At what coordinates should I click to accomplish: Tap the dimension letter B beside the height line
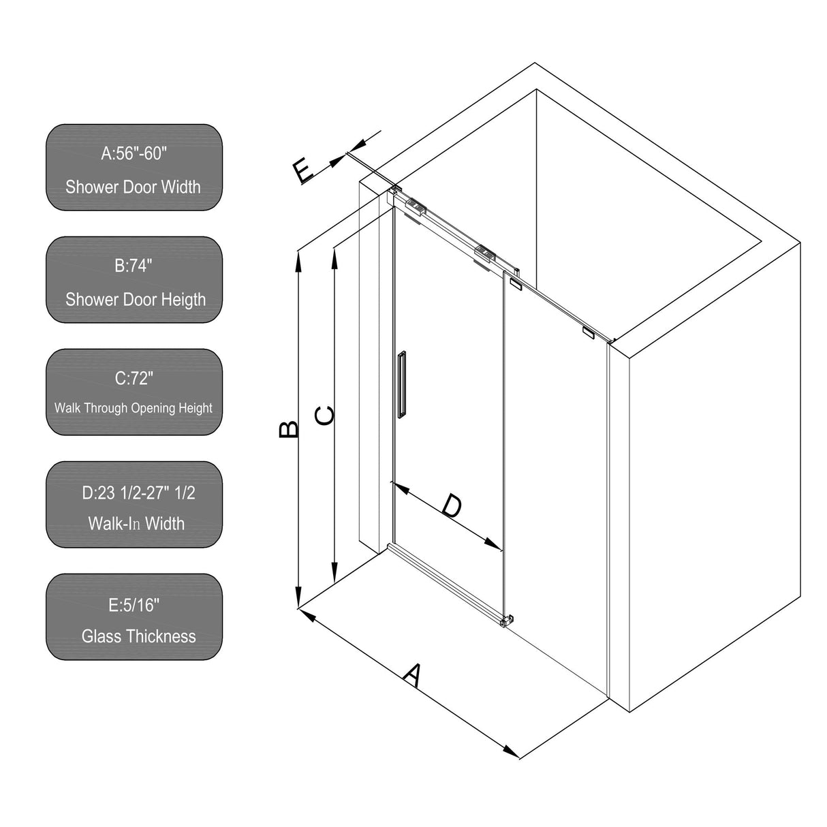(290, 428)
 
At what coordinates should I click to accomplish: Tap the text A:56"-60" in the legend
(134, 153)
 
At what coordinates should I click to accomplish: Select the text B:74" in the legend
(134, 266)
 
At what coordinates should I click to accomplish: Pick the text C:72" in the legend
(134, 378)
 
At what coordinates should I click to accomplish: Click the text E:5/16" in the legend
(134, 605)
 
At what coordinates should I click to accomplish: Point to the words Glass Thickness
(138, 636)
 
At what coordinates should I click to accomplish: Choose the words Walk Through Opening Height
(134, 408)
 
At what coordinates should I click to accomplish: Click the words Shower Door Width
(134, 187)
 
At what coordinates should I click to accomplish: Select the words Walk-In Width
(136, 523)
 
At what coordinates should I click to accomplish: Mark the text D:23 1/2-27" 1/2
(138, 493)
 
